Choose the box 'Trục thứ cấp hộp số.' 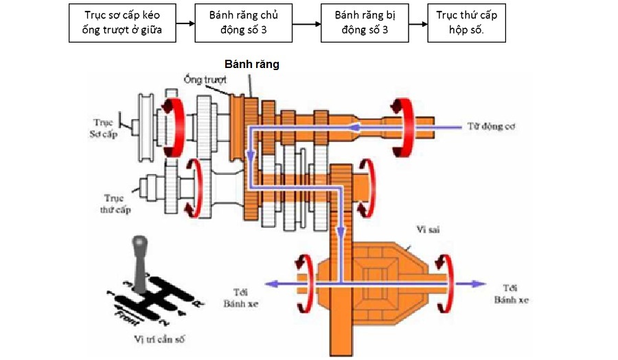(466, 23)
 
